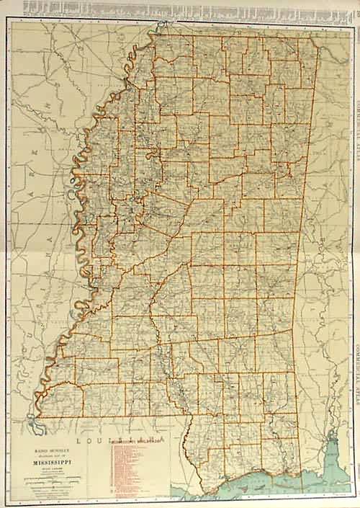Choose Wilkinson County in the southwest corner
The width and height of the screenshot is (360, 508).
[61, 400]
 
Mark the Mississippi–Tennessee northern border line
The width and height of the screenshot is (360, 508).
[238, 36]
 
